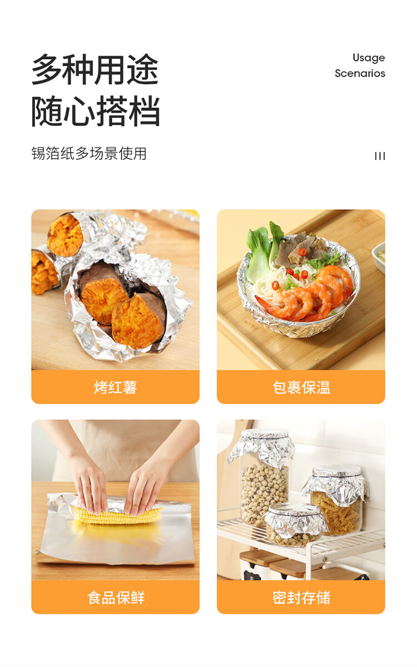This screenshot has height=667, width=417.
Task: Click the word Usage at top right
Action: click(x=369, y=58)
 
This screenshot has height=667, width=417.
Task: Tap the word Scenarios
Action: click(x=360, y=73)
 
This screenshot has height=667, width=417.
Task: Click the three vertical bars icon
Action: click(x=380, y=156)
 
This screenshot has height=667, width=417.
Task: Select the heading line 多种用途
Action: click(x=95, y=70)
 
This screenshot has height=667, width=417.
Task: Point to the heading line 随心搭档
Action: click(x=95, y=111)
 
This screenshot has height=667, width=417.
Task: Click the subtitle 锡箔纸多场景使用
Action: click(x=89, y=153)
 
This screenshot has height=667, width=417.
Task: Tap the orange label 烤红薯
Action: click(x=115, y=387)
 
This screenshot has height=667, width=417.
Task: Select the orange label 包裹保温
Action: click(x=301, y=387)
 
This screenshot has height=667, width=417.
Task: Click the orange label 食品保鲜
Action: click(x=115, y=597)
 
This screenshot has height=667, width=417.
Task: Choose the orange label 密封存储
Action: click(x=301, y=597)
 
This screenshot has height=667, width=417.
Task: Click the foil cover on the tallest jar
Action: click(x=262, y=447)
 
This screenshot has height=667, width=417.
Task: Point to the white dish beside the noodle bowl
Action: click(x=379, y=257)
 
